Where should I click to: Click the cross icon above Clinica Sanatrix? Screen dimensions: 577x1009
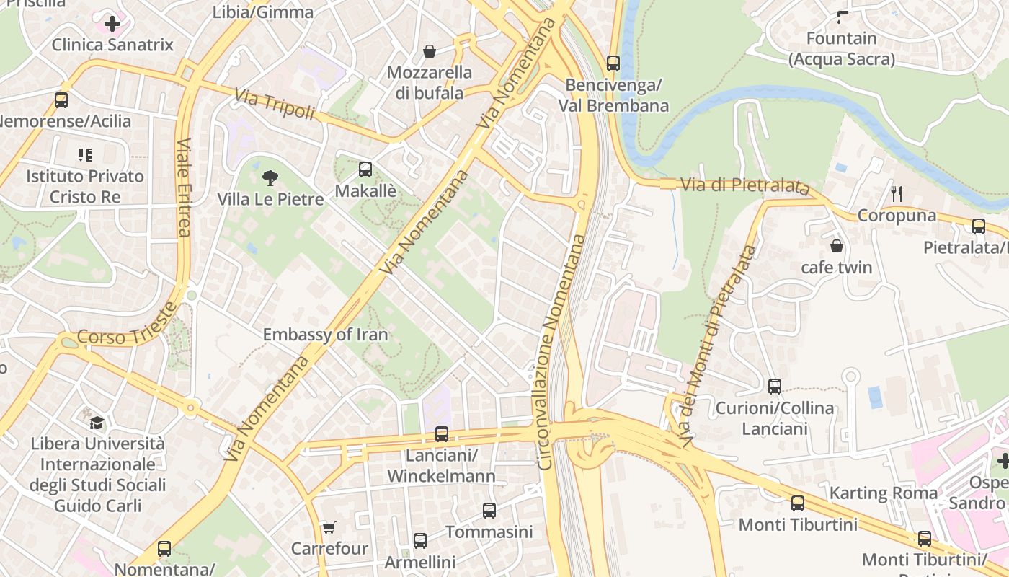click(112, 24)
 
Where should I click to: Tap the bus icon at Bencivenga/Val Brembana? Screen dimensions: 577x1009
click(613, 63)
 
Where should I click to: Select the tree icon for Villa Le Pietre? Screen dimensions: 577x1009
click(270, 177)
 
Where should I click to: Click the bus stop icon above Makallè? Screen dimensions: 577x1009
click(365, 169)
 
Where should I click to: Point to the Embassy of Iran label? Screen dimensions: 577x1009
click(325, 335)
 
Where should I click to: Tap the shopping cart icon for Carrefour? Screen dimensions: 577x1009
click(329, 528)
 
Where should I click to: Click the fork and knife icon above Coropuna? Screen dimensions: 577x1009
click(897, 193)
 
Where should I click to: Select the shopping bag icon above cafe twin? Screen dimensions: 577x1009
click(837, 246)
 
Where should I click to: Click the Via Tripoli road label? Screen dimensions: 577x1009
click(275, 104)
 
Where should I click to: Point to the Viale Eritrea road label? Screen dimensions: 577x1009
click(184, 188)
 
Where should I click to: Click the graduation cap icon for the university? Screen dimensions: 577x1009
click(97, 422)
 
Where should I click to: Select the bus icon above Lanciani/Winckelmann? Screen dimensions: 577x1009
click(442, 434)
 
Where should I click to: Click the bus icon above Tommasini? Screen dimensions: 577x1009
click(489, 511)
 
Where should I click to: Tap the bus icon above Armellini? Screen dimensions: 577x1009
click(420, 540)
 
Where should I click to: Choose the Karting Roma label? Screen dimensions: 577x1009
click(884, 493)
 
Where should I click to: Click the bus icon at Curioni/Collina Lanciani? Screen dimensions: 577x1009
click(775, 386)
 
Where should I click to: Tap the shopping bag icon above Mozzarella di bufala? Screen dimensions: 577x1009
click(430, 51)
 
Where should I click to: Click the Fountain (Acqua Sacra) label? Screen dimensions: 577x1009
click(842, 48)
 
